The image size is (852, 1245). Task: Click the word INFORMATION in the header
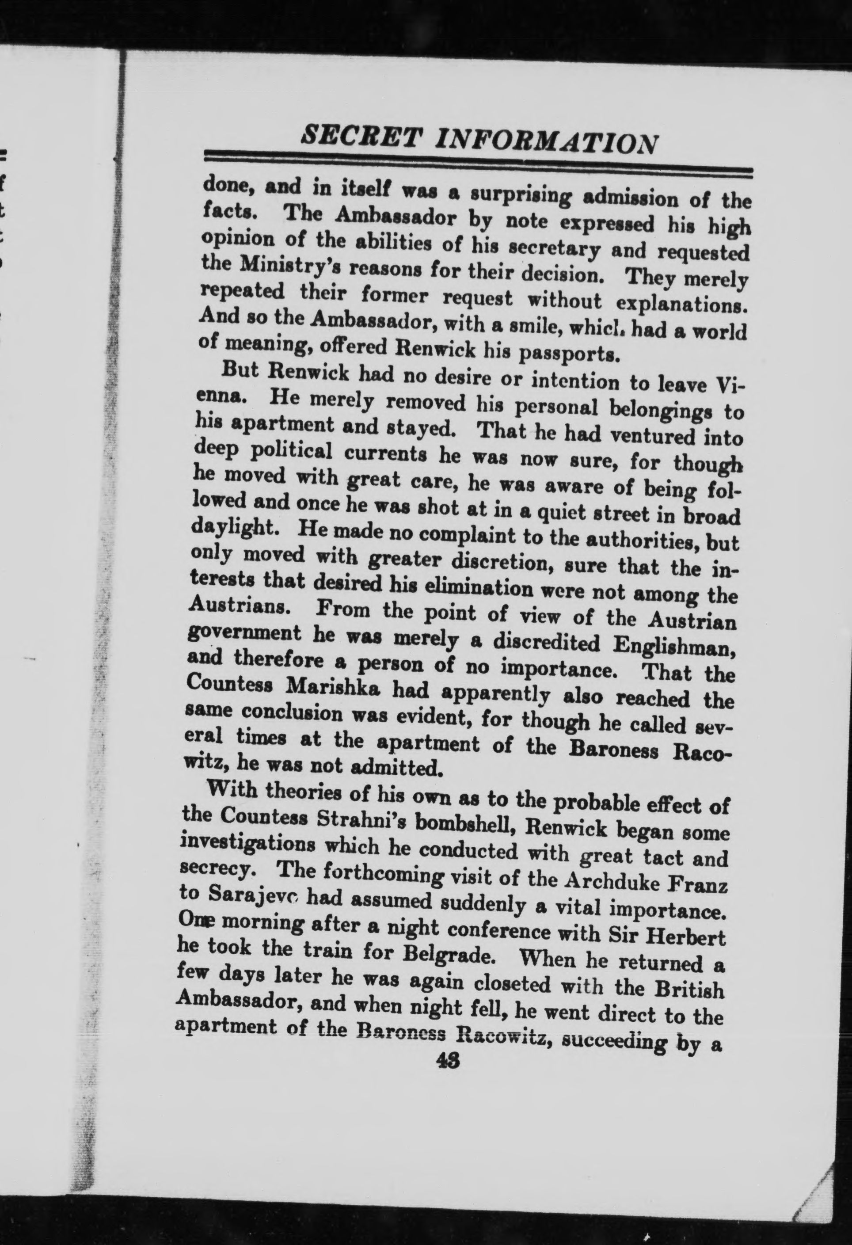tap(547, 141)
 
